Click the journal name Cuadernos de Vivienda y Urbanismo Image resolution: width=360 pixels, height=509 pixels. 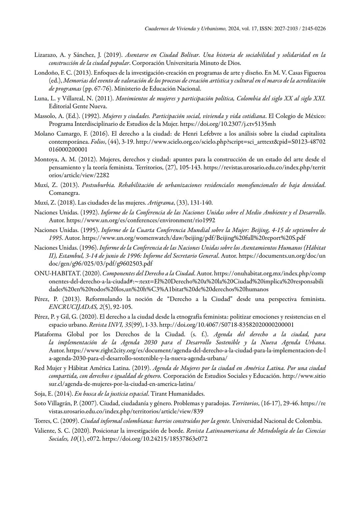(x=186, y=29)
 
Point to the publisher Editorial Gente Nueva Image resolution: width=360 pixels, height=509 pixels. (x=78, y=106)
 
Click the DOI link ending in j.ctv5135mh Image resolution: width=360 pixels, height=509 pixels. (x=228, y=124)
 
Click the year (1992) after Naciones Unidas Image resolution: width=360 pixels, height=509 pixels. (x=89, y=212)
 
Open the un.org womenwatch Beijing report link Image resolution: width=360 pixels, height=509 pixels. (x=194, y=238)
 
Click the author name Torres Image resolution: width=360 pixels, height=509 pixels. (x=43, y=421)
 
